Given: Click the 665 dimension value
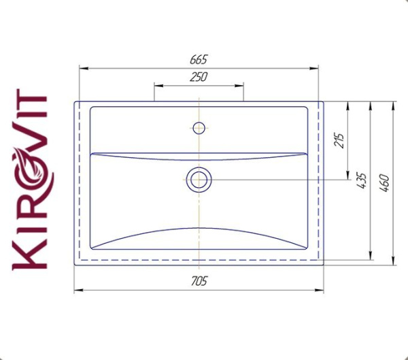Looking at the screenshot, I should click(199, 60).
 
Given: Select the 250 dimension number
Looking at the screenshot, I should click(199, 78).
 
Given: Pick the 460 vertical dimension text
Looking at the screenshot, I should click(384, 182).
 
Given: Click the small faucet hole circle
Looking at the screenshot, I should click(199, 127).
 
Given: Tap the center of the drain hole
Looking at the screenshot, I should click(199, 180).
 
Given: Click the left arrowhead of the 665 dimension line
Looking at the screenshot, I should click(82, 67).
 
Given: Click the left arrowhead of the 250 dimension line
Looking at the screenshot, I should click(157, 85).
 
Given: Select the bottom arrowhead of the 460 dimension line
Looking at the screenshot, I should click(393, 262).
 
